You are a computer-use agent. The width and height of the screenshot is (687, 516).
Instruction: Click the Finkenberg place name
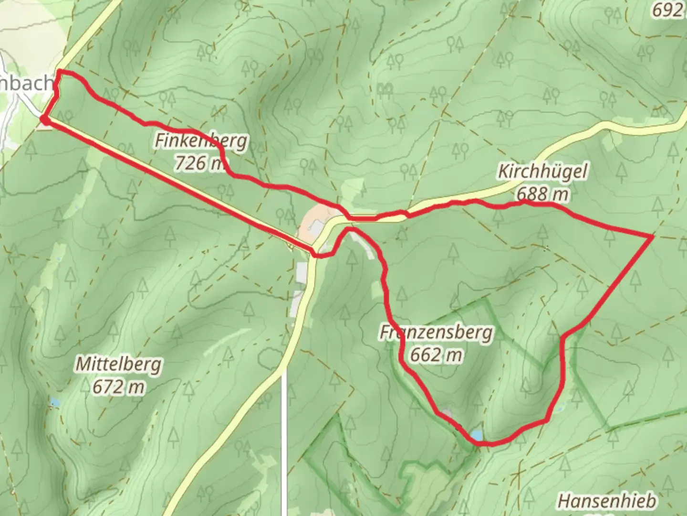pos(201,141)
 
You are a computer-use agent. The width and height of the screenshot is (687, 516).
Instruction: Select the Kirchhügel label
pos(542,171)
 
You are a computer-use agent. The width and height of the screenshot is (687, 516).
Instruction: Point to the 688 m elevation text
pos(542,193)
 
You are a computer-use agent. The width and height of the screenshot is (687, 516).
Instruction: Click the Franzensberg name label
pos(436,332)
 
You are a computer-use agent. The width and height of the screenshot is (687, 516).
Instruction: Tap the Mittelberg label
pos(119,365)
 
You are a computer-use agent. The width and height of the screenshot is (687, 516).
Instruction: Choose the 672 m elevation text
pos(118,387)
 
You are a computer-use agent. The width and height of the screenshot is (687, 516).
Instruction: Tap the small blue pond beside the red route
pos(476,435)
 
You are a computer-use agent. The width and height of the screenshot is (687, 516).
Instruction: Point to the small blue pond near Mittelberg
pos(55,403)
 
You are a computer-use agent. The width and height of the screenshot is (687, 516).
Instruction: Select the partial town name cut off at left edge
pos(26,83)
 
